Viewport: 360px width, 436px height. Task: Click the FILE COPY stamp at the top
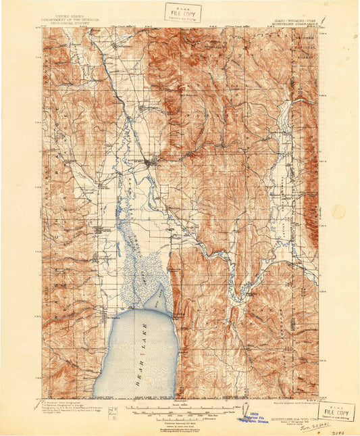[182, 12]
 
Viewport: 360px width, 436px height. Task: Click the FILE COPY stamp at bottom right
[336, 412]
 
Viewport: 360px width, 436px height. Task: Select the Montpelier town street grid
[151, 162]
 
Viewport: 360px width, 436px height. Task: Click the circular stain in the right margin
[338, 211]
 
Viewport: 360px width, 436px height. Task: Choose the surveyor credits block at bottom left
[69, 409]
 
